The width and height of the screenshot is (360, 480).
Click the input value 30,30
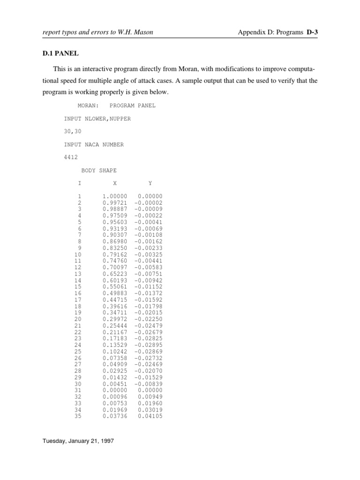73,132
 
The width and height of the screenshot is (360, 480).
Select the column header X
115,183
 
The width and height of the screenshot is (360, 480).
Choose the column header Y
150,183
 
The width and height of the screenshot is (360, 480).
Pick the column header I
80,183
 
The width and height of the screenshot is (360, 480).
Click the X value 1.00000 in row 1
115,196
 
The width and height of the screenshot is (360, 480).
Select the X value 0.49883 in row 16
115,293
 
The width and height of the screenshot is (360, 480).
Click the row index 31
78,390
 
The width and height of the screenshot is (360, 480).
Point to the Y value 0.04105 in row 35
150,416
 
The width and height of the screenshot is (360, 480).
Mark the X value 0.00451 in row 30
115,383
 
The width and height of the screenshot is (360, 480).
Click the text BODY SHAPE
99,171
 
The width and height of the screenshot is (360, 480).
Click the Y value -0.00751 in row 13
148,274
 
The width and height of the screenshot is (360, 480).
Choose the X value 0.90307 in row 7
115,235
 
